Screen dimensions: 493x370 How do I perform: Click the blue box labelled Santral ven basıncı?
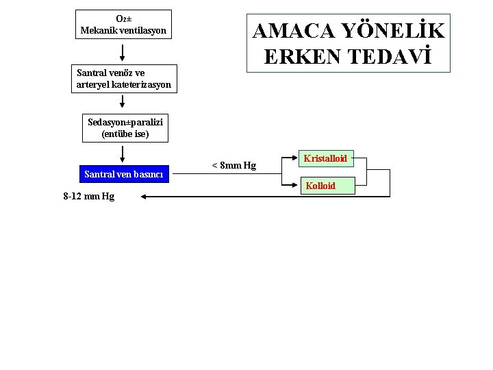(x=123, y=174)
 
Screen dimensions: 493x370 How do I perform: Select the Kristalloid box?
(x=325, y=158)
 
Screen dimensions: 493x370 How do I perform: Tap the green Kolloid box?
(x=320, y=186)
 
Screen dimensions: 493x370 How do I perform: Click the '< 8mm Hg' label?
(x=233, y=165)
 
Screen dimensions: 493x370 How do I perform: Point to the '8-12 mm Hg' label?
(x=89, y=197)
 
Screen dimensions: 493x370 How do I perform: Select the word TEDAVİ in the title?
(x=392, y=58)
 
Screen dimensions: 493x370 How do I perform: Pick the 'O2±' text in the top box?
(x=123, y=19)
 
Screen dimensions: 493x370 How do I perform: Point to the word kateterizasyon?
(x=140, y=85)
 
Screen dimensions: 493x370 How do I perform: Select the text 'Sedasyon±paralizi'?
(x=125, y=123)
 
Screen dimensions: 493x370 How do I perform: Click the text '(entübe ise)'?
(x=125, y=134)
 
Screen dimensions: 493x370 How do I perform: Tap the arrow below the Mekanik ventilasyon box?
(x=123, y=52)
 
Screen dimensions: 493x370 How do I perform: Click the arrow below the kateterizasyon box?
(x=123, y=101)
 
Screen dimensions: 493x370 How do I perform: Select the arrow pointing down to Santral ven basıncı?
(x=123, y=155)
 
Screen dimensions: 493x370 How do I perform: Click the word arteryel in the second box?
(x=92, y=85)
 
